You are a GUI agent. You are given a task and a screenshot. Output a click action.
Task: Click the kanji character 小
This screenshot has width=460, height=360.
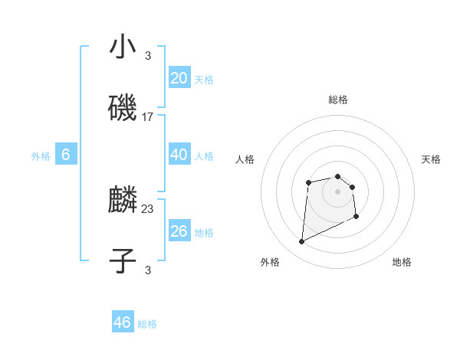click(123, 47)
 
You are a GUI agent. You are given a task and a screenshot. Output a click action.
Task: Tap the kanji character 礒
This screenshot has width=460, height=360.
click(123, 110)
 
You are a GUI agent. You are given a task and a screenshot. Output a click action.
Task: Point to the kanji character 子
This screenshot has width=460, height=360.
click(123, 261)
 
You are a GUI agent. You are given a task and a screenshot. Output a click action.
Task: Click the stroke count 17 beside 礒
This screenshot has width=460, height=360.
click(148, 117)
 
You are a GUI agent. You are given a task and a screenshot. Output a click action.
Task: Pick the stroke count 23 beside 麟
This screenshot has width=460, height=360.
click(148, 208)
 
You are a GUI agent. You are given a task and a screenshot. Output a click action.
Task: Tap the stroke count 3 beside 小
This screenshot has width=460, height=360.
click(148, 55)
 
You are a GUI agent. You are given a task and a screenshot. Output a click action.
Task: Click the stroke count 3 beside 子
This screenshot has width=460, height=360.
click(148, 269)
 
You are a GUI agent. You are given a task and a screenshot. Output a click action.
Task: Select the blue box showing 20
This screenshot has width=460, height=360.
click(179, 78)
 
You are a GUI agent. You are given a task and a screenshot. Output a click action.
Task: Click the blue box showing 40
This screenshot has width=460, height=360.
click(179, 155)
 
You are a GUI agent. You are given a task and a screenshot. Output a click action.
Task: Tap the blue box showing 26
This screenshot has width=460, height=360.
click(179, 231)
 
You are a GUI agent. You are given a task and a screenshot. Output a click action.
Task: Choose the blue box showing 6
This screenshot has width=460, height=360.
click(66, 155)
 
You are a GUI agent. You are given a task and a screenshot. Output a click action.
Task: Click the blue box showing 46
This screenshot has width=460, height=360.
click(123, 322)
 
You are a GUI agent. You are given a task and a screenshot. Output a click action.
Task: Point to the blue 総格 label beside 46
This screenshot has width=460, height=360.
click(147, 324)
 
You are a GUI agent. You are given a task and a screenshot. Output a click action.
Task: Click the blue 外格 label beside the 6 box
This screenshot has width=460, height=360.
click(41, 156)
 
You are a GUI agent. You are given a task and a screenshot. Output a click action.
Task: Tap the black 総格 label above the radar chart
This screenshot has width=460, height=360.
click(338, 100)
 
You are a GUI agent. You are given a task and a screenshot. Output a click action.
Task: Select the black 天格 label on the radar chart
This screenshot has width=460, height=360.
click(432, 159)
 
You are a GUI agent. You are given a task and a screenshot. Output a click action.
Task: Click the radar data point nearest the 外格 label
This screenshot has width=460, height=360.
click(302, 242)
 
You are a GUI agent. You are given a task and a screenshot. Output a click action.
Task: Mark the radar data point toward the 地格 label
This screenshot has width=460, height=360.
click(356, 217)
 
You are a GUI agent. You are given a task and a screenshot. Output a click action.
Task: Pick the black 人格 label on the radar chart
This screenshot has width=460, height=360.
click(245, 159)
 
